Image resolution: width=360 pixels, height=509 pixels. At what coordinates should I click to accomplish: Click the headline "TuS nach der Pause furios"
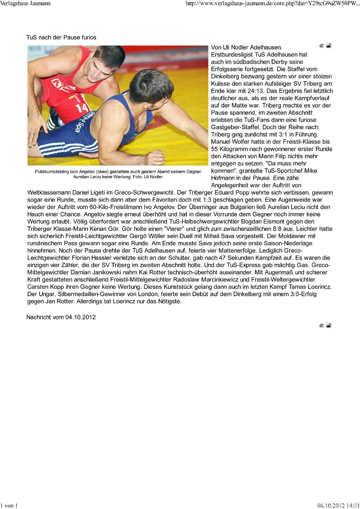point(61,37)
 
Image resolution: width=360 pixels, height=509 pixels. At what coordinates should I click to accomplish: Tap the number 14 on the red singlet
point(82,108)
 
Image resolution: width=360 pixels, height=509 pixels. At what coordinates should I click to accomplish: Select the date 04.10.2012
point(80,317)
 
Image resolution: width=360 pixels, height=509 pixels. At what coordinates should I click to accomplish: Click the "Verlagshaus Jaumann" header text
point(25,4)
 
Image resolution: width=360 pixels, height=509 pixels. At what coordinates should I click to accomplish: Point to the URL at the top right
point(272,4)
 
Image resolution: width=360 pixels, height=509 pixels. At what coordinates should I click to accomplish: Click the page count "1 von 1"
point(9,505)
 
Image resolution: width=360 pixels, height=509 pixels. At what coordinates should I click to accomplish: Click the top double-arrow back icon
point(321,46)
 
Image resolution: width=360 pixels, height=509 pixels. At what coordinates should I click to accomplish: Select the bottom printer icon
point(329,326)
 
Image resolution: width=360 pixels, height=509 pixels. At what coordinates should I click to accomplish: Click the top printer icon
point(329,46)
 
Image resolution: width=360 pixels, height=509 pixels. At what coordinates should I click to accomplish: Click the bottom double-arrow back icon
point(321,326)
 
